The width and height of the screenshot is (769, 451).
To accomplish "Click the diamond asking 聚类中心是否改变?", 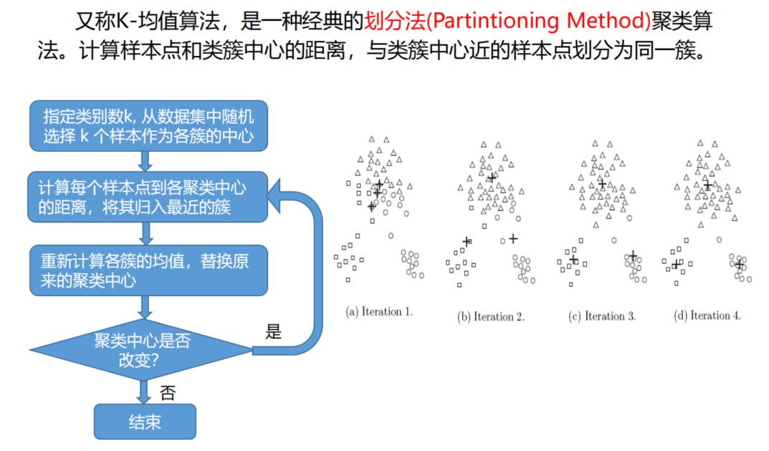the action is click(x=141, y=350).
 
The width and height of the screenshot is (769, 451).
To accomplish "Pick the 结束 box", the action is click(x=145, y=422).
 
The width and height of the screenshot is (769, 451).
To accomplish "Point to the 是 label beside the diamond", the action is click(x=274, y=331).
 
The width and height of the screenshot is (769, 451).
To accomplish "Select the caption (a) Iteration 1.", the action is click(x=379, y=312).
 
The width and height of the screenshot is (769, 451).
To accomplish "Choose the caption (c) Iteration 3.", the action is click(x=602, y=315).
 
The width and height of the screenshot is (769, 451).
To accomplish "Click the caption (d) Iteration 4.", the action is click(x=707, y=315).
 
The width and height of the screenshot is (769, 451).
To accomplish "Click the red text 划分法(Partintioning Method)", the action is click(x=507, y=21).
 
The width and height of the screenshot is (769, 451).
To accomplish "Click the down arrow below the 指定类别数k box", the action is click(x=145, y=161).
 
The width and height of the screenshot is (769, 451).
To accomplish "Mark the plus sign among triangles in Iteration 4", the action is click(x=707, y=185).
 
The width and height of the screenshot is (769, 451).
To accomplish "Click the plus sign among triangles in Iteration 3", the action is click(x=601, y=184).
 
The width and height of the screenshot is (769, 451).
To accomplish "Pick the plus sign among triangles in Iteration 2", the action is click(x=491, y=178).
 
